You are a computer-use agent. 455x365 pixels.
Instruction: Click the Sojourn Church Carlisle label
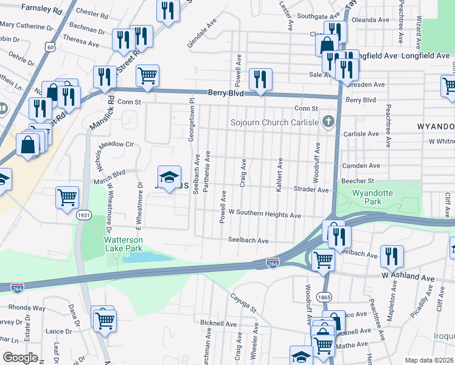click(x=274, y=122)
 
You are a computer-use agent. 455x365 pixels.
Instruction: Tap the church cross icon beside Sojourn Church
click(x=328, y=122)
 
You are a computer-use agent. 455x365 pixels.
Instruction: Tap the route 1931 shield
click(x=84, y=215)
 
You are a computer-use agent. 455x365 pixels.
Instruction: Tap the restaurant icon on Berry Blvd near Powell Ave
click(x=260, y=79)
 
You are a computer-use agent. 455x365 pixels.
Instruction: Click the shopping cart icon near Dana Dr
click(x=104, y=318)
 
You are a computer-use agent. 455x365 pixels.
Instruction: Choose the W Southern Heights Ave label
click(x=265, y=215)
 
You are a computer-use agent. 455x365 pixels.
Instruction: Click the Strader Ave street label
click(x=312, y=190)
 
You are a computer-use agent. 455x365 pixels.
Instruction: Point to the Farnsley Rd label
click(x=41, y=10)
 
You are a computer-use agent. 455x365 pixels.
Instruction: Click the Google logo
click(x=20, y=358)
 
